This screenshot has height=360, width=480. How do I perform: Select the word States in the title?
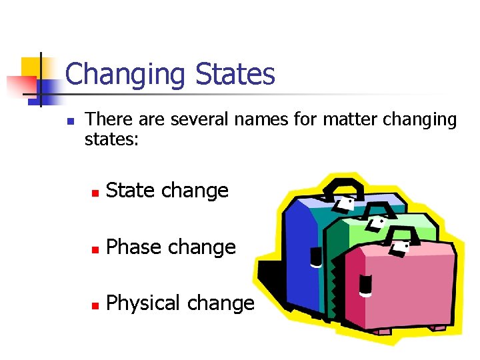click(x=235, y=74)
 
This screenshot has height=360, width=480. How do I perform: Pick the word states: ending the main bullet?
click(x=111, y=139)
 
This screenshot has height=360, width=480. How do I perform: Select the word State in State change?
click(x=130, y=191)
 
